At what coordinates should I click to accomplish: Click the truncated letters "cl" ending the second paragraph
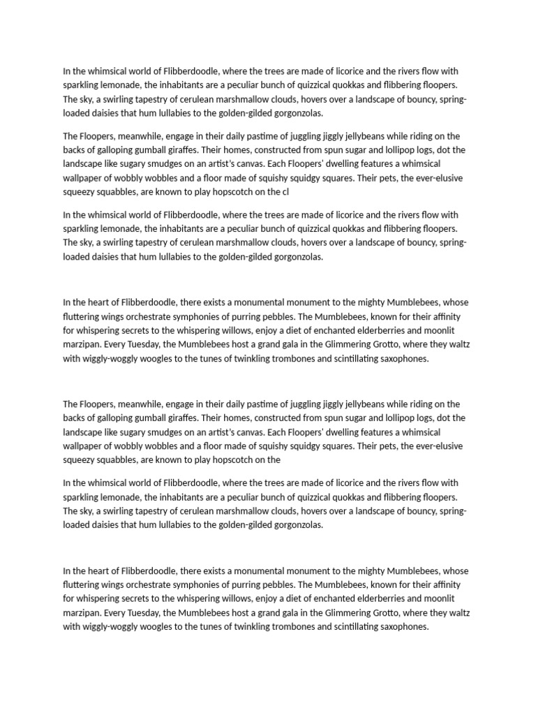click(285, 191)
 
